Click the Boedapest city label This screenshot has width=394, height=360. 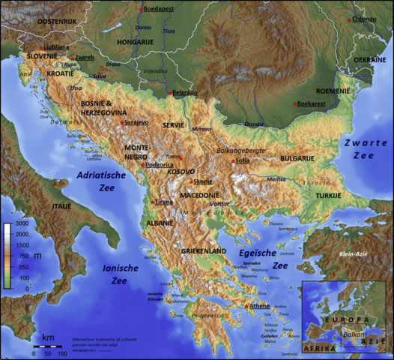[x=159, y=8]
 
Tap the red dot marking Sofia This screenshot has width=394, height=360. [x=234, y=160]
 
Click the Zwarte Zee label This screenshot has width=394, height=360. [x=363, y=148]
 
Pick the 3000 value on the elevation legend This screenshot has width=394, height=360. [x=22, y=224]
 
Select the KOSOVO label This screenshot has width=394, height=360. [x=181, y=172]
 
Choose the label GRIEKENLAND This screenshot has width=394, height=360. [x=204, y=251]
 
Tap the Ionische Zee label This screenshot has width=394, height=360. [x=109, y=274]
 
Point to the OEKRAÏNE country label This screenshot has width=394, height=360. [x=370, y=58]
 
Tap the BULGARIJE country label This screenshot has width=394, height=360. [x=298, y=158]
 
